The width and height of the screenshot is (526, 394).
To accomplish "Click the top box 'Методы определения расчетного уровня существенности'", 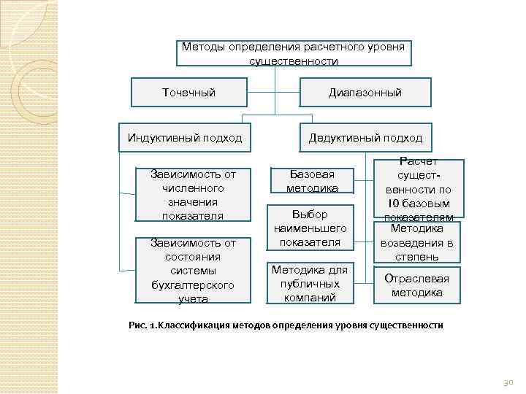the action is point(293,54).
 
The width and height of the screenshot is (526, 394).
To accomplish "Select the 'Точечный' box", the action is point(188,93).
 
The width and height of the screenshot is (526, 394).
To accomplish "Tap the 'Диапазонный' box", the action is point(365,93).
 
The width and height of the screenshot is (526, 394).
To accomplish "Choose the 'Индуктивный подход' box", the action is point(184,137).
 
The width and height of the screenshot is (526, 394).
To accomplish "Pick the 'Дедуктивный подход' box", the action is point(365,137).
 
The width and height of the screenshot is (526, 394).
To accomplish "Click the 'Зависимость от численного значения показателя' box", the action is point(193,195).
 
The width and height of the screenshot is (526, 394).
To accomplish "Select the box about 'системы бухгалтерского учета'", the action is point(193,270).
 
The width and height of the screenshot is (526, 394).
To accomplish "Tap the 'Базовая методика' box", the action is point(312,182).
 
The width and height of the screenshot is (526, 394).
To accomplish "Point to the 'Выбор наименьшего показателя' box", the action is point(310,228).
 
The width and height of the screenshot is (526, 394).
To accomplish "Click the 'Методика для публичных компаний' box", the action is point(310,283).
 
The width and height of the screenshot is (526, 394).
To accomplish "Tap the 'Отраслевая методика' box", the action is point(416,285).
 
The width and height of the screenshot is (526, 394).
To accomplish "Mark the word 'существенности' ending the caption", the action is point(406,324).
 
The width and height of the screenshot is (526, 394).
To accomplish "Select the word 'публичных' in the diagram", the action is point(310,283).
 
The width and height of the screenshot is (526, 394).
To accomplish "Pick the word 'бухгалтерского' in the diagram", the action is point(193,285).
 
